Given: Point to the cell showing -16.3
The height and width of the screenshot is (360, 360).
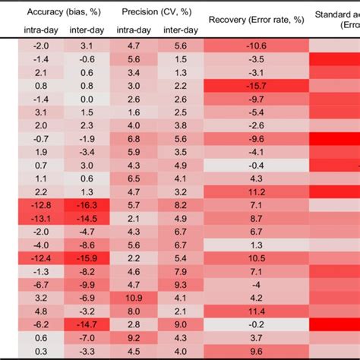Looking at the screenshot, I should point(87,205).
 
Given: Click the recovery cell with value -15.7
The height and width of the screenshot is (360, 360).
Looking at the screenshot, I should point(256,86).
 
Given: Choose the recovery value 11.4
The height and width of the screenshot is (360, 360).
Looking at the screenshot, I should point(256,311).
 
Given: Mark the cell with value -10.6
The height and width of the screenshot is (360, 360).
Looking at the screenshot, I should point(256,46).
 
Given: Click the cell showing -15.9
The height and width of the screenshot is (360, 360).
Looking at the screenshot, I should point(87,258).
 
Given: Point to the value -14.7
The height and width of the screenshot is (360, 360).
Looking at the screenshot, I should point(87,324).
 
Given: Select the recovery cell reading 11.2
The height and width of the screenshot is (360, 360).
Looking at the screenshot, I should point(256,191).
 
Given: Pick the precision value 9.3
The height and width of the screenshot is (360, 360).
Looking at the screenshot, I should point(180,284).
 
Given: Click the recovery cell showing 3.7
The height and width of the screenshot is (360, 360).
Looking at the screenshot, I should point(256,337).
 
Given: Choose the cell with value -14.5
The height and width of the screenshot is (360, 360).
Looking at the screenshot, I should point(87,218).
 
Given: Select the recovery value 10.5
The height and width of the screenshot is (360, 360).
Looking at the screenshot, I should point(256,258).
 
